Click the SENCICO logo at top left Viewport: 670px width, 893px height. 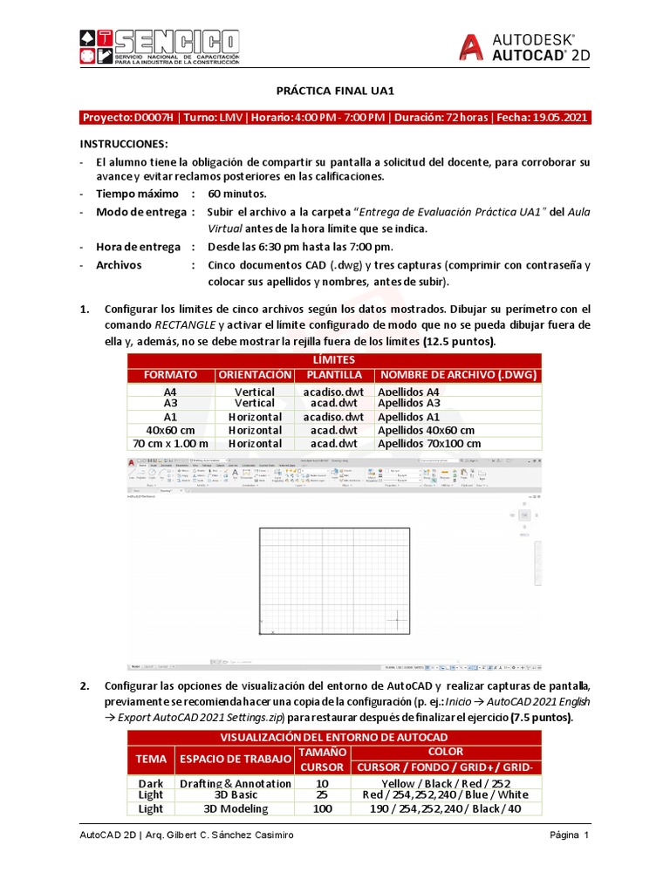(x=159, y=47)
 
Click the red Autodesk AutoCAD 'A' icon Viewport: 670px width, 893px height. (x=471, y=47)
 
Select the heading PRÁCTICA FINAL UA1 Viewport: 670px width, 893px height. (x=336, y=90)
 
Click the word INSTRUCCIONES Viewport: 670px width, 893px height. (x=124, y=144)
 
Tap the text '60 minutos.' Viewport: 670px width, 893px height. (x=236, y=194)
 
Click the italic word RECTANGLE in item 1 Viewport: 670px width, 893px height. (x=186, y=325)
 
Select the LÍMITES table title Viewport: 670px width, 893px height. (x=335, y=360)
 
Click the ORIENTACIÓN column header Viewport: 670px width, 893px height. (x=255, y=375)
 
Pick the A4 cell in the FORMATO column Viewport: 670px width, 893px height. (x=170, y=392)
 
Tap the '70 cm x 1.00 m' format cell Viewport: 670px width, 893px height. (x=170, y=443)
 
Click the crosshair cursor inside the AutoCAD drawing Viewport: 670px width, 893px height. (x=397, y=620)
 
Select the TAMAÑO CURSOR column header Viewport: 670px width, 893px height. (x=322, y=759)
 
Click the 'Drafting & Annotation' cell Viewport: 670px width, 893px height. (x=235, y=783)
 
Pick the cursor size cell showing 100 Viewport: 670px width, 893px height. (x=322, y=808)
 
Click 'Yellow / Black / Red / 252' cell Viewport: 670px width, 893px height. (x=446, y=783)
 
